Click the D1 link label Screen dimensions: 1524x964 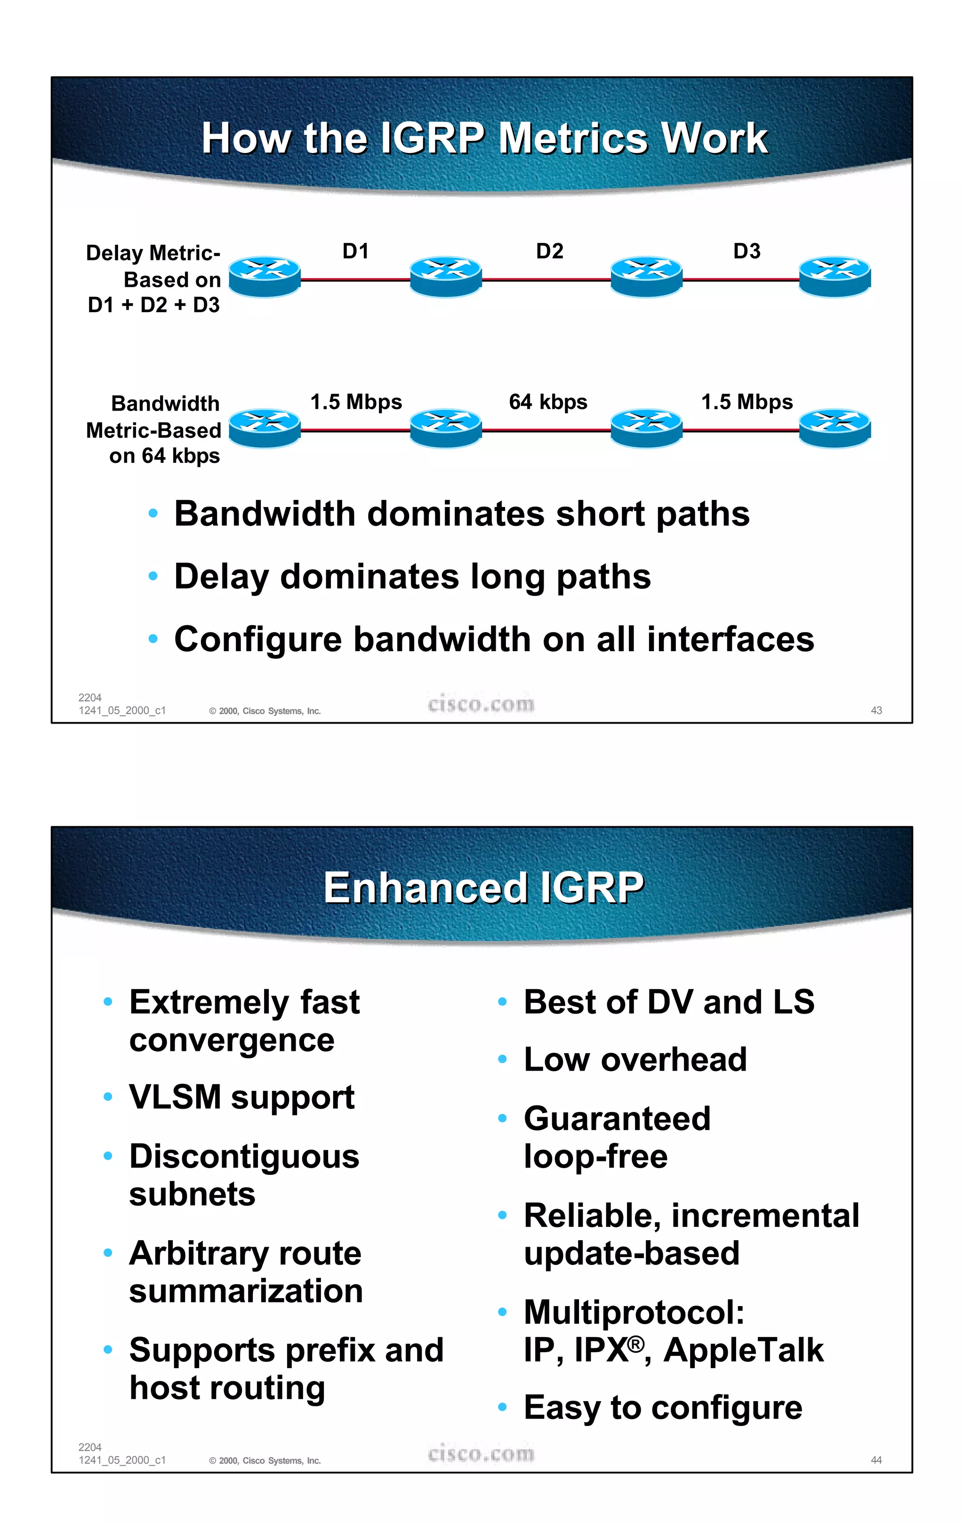tap(355, 251)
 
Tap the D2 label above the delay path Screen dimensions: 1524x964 tap(549, 251)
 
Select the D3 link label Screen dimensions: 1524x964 tap(747, 251)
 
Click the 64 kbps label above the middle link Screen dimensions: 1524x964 tap(548, 402)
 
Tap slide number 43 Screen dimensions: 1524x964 tap(876, 710)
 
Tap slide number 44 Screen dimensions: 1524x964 tap(876, 1460)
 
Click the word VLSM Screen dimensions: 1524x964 tap(175, 1097)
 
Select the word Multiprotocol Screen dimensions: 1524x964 tap(634, 1313)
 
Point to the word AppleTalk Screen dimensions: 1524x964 tap(743, 1350)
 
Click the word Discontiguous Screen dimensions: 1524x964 tap(244, 1157)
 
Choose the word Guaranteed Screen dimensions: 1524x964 tap(617, 1118)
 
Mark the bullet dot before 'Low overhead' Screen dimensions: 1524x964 tap(502, 1059)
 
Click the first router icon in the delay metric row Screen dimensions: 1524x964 tap(265, 276)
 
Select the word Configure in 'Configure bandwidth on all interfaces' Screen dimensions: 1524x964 tap(258, 640)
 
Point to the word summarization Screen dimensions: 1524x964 tap(246, 1291)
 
